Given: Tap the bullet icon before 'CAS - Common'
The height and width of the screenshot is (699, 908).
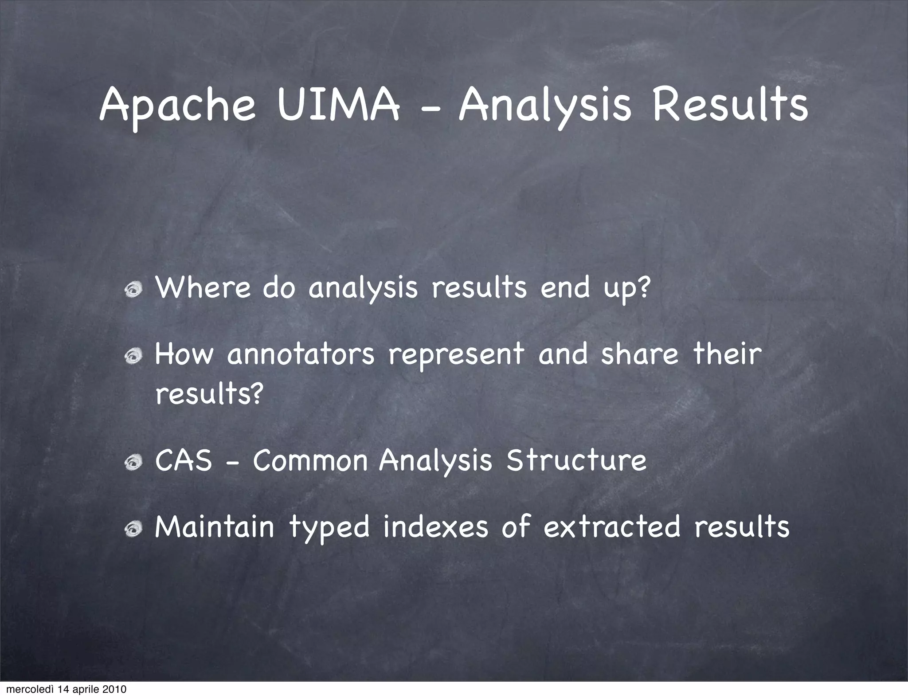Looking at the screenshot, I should point(133,463).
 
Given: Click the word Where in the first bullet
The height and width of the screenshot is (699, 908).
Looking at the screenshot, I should point(203,287).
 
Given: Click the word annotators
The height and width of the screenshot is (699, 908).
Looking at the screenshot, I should point(301,355).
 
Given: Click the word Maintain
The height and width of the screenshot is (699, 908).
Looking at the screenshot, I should point(215,527).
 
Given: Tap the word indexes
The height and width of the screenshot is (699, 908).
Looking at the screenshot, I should point(435,527).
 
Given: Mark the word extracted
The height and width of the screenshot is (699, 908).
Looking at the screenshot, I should point(612,527).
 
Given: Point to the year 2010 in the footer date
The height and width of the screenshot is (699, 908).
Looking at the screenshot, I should point(115,689).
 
